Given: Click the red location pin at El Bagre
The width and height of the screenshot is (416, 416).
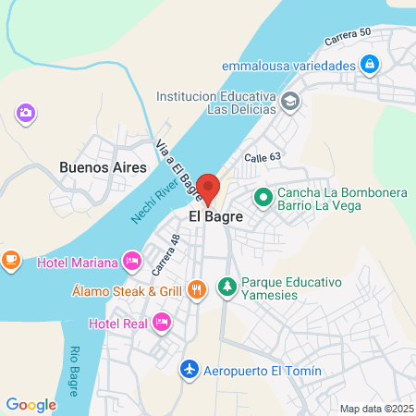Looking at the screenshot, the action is (x=209, y=188).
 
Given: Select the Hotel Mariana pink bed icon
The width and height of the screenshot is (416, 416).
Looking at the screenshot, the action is (x=132, y=262).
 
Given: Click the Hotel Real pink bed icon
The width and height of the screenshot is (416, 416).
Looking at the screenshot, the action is (x=162, y=323).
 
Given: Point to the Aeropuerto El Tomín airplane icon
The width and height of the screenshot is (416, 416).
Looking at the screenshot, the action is (x=190, y=370).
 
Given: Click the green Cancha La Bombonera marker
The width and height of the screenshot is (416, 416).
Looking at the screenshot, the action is (x=263, y=196).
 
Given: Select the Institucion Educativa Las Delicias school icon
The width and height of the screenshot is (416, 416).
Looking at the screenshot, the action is (x=290, y=101).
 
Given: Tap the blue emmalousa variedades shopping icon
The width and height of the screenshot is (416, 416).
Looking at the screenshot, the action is (x=369, y=65).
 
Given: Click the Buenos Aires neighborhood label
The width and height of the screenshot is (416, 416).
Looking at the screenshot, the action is (x=103, y=167).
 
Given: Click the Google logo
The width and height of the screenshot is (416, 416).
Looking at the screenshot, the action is (x=31, y=404).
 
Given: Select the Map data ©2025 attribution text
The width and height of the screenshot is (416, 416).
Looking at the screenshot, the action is (x=376, y=409).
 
